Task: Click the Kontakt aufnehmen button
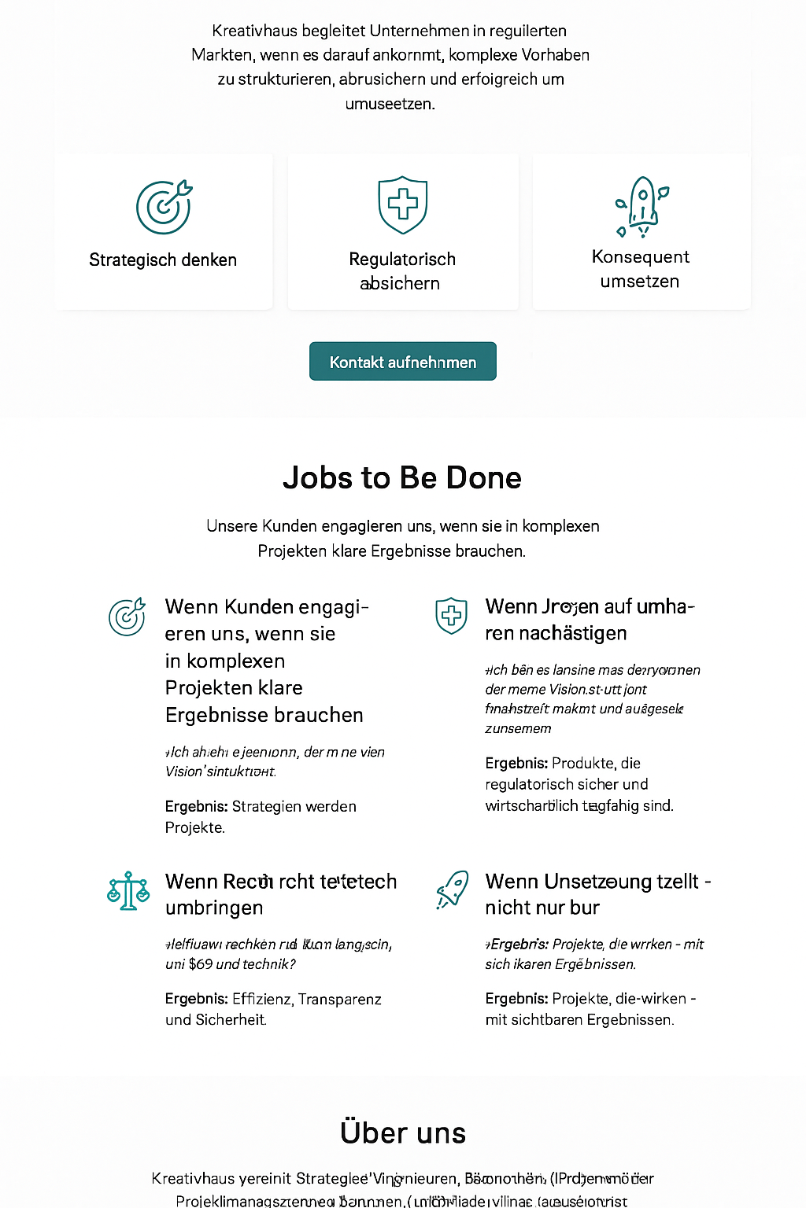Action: click(x=402, y=362)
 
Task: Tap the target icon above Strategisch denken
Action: click(x=164, y=207)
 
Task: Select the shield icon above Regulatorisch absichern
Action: click(x=402, y=204)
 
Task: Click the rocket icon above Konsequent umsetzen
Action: click(x=641, y=207)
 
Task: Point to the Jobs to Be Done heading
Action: click(x=402, y=477)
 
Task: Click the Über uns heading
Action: click(x=402, y=1132)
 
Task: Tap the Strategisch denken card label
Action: click(x=163, y=260)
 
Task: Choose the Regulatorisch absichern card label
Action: click(x=401, y=271)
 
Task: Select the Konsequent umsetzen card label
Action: click(x=640, y=269)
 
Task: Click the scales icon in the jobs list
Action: click(x=128, y=890)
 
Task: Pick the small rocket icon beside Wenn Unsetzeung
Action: click(x=453, y=889)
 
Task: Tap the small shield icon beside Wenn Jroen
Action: click(x=451, y=616)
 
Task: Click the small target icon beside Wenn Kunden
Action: click(x=127, y=617)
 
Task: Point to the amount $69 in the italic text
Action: click(x=200, y=964)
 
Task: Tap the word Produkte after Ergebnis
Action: click(x=584, y=764)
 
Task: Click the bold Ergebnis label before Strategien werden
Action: click(x=196, y=807)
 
